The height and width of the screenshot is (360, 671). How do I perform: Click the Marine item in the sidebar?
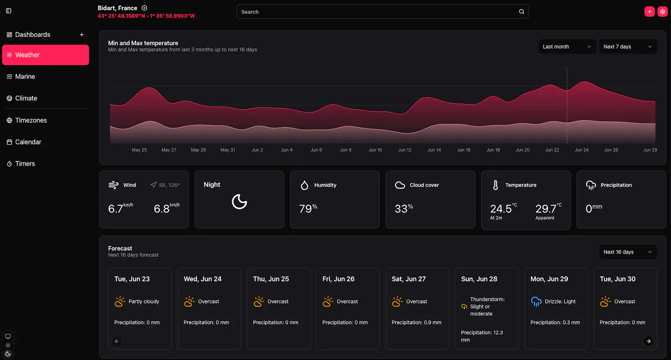coord(21,77)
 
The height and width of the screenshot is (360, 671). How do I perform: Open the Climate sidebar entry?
coord(22,98)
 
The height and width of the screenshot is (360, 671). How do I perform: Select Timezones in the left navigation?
coord(27,120)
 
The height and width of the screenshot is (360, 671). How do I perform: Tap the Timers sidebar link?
coord(21,164)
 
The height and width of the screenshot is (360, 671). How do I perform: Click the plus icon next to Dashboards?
coord(81,35)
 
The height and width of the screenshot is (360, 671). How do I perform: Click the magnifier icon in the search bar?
coord(522,12)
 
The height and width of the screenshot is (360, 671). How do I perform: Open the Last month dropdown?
coord(567,47)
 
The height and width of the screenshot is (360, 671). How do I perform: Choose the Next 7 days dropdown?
coord(628,47)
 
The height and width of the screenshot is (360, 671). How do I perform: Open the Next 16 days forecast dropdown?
coord(628,252)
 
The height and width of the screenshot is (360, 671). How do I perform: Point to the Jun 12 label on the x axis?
coord(404,150)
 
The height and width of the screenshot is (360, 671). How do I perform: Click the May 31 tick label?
coord(228,150)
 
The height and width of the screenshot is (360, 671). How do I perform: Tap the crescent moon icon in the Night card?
coord(239,202)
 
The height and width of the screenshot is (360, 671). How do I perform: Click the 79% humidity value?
coord(308,208)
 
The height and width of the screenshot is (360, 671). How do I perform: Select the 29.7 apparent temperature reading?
coord(546,209)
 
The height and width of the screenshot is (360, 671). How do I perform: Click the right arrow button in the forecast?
coord(648,341)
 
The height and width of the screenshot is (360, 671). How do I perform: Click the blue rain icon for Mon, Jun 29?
coord(536,302)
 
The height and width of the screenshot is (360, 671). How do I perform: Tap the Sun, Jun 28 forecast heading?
coord(479,279)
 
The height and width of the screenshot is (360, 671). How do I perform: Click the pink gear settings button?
coord(662,12)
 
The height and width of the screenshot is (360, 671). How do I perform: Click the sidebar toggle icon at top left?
coord(9,11)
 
